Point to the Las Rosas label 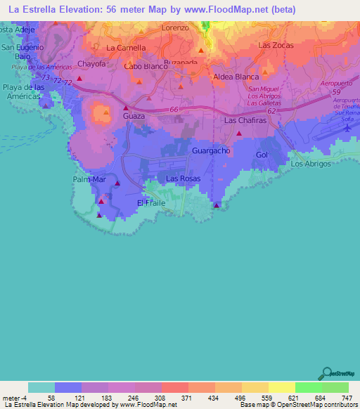(183, 179)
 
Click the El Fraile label (150, 202)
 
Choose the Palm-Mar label (89, 180)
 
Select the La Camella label (126, 48)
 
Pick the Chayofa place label (91, 64)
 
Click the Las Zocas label (275, 45)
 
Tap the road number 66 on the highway (174, 110)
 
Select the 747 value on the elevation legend (345, 398)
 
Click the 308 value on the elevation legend (148, 398)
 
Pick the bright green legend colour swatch (308, 387)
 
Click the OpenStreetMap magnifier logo (326, 374)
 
